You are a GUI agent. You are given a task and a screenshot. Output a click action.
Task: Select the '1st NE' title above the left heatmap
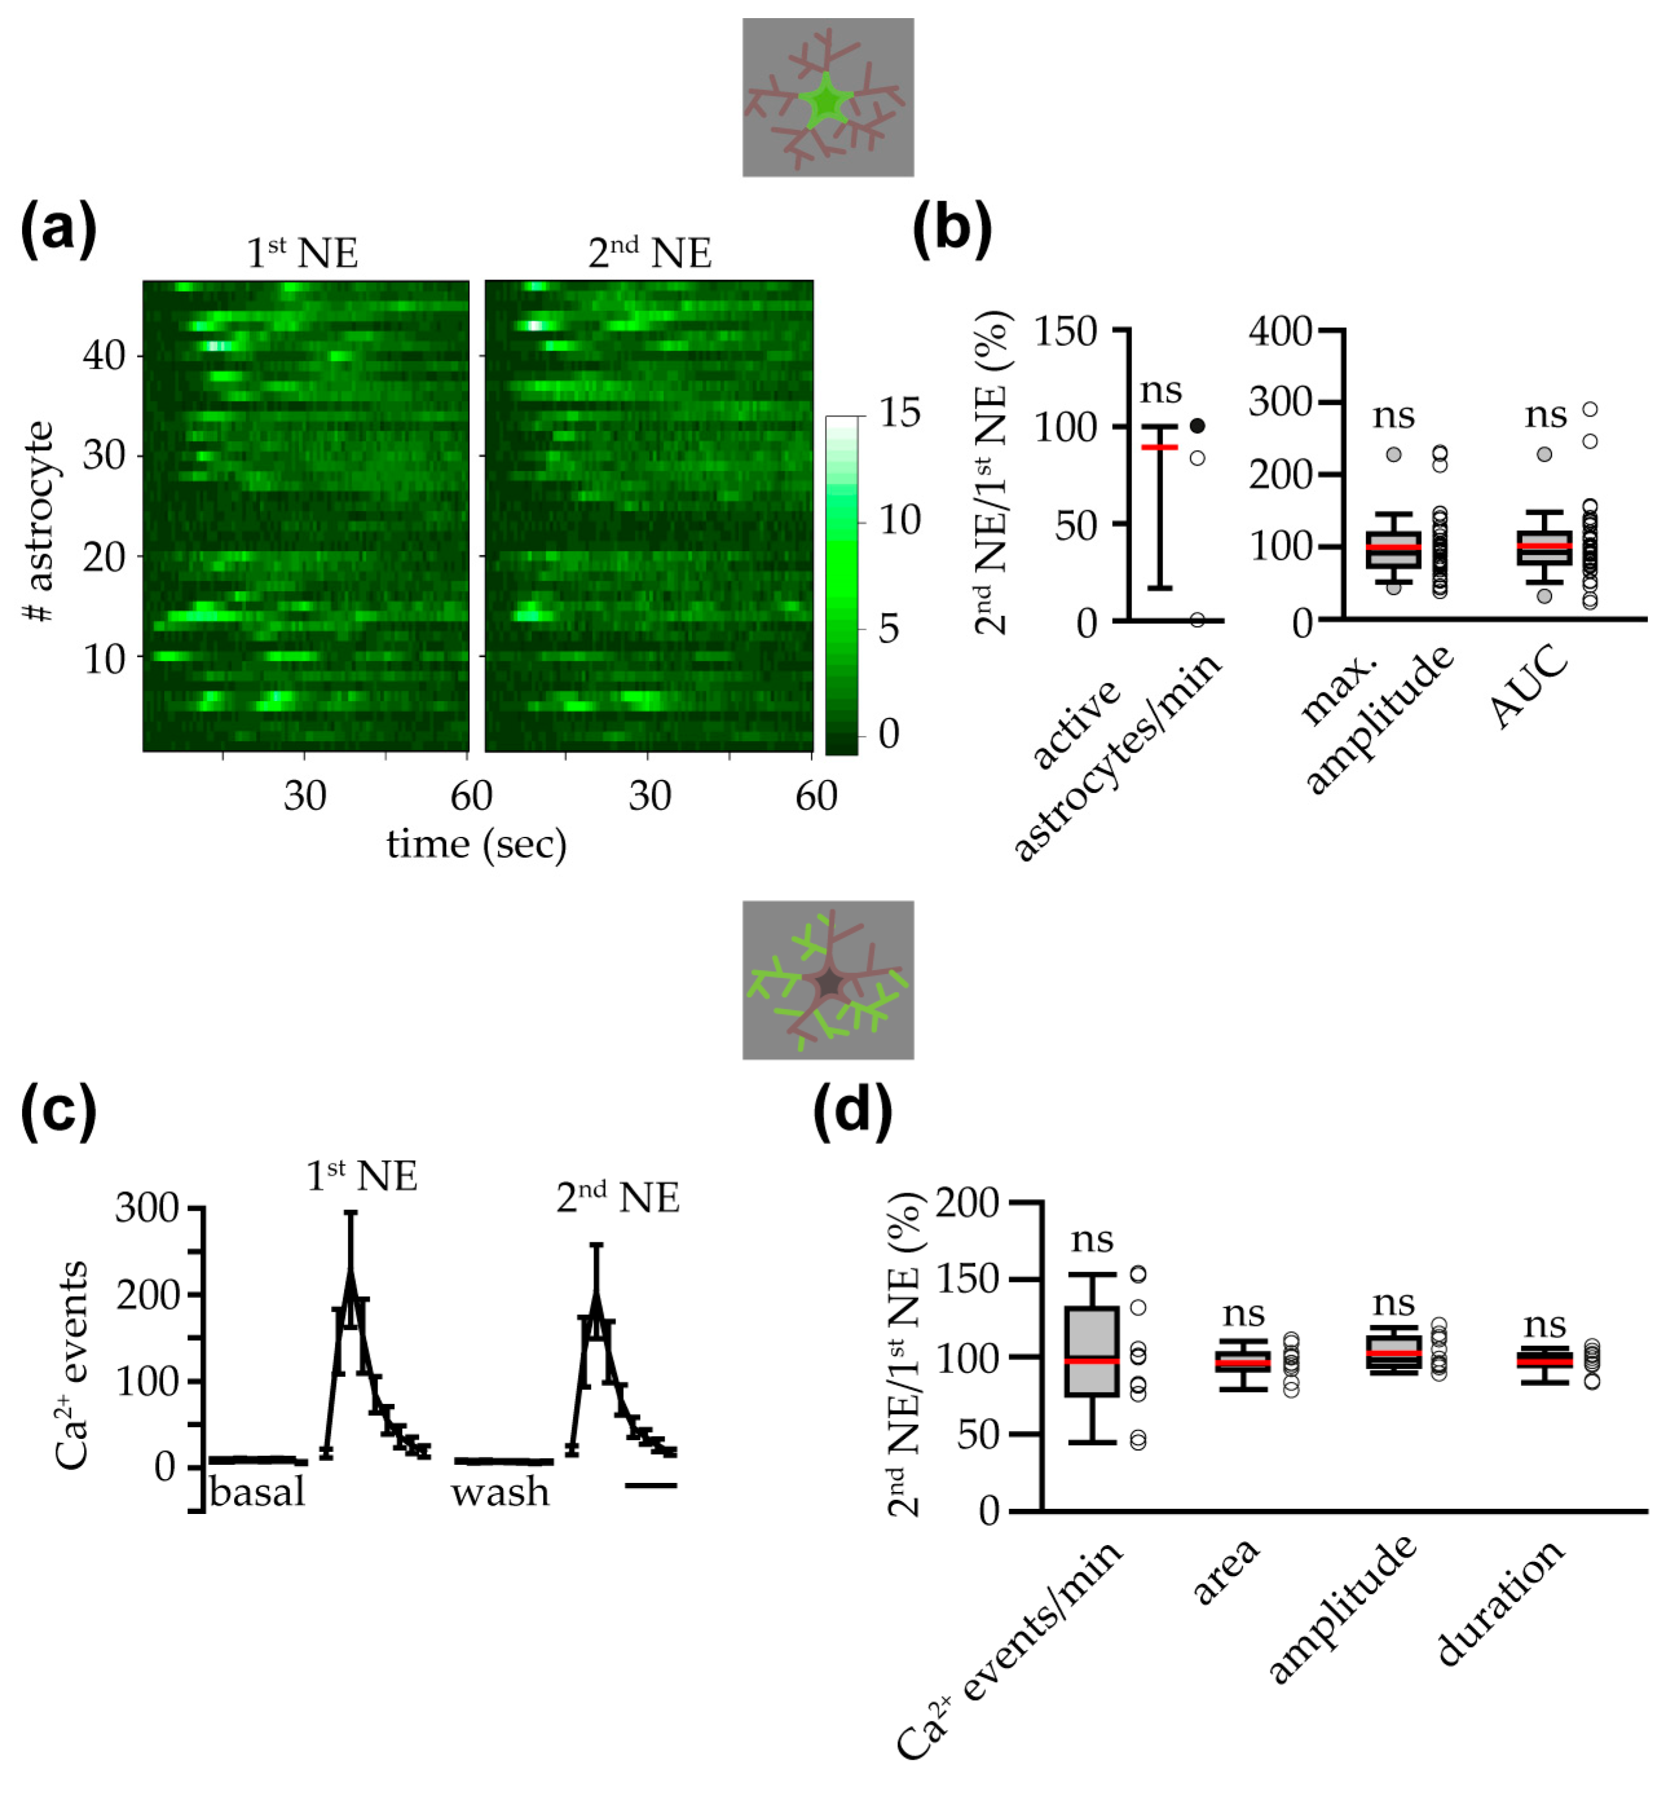pos(302,253)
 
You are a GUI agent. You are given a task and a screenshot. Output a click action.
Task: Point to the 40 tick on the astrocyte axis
pos(103,356)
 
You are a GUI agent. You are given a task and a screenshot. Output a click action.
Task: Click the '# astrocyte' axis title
pos(39,522)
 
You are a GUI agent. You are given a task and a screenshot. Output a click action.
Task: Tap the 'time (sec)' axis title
pos(476,845)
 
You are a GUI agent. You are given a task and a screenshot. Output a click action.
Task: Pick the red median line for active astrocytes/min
pos(1160,447)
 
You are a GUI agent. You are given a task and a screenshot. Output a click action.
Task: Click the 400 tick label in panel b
pos(1280,331)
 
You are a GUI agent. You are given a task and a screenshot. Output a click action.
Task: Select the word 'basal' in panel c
pos(257,1493)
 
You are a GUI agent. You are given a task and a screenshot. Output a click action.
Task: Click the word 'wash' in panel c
pos(500,1493)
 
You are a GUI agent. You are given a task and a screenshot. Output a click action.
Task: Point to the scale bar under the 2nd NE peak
pos(650,1484)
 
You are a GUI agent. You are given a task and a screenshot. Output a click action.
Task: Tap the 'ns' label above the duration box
pos(1545,1324)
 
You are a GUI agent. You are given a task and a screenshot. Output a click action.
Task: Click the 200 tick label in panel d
pos(967,1203)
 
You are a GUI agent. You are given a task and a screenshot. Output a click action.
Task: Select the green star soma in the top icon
pos(824,101)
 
